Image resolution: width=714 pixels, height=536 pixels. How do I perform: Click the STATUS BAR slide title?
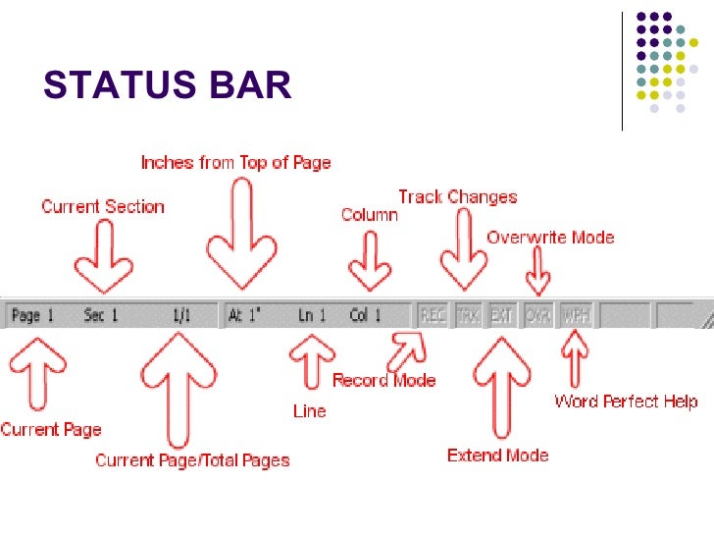click(168, 85)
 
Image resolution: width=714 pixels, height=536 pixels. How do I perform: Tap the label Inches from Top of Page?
click(235, 162)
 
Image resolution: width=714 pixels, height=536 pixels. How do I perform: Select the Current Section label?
click(103, 206)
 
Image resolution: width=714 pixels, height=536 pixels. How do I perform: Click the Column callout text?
click(370, 214)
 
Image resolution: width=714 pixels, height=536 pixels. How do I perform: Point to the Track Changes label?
click(457, 196)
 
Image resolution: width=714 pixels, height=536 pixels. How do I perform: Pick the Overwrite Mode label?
click(550, 237)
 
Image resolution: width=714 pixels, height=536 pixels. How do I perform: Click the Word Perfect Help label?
click(626, 401)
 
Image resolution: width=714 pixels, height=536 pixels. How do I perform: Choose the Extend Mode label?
click(497, 455)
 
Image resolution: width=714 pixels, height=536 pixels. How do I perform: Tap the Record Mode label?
click(384, 380)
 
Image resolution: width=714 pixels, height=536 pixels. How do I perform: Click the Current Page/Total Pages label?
click(192, 459)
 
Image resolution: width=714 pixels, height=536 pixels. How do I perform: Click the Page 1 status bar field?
click(33, 316)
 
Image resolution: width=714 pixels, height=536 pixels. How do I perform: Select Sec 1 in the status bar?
click(101, 316)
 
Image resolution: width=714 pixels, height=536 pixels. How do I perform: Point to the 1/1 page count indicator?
click(181, 316)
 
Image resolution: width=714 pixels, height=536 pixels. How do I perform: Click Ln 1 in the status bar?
click(312, 316)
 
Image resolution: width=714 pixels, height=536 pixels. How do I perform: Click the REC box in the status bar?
click(433, 316)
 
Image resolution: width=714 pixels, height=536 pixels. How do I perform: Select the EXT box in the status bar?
click(501, 316)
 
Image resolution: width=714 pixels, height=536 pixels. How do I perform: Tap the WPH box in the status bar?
click(577, 316)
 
